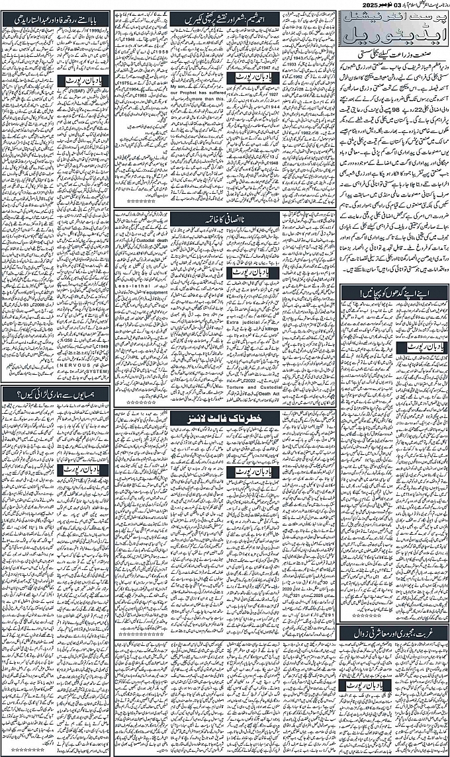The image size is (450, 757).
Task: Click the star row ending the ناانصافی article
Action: pos(140,402)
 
